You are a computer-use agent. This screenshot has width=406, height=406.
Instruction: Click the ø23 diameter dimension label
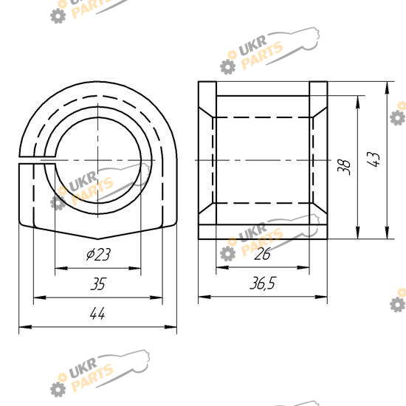pyautogui.click(x=98, y=254)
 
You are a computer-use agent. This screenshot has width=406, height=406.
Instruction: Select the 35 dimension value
pyautogui.click(x=98, y=283)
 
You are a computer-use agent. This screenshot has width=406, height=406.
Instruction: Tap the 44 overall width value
pyautogui.click(x=97, y=314)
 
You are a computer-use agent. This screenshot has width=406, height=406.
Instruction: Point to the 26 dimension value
pyautogui.click(x=262, y=254)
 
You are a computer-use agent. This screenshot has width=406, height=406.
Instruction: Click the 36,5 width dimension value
pyautogui.click(x=263, y=283)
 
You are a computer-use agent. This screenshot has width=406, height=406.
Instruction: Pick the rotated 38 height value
pyautogui.click(x=344, y=167)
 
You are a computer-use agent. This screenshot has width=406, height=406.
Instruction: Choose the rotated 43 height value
pyautogui.click(x=373, y=159)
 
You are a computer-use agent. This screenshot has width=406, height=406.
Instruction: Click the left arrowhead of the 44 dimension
pyautogui.click(x=25, y=327)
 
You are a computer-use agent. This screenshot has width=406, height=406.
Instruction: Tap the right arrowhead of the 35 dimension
pyautogui.click(x=156, y=297)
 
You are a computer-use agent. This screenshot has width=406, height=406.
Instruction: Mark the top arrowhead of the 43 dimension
pyautogui.click(x=387, y=88)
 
